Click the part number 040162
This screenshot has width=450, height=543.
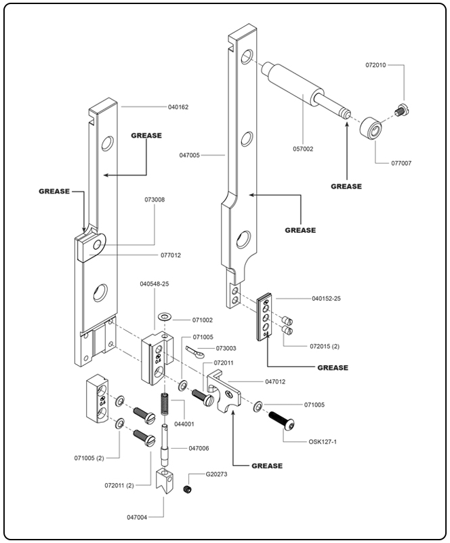[178, 107]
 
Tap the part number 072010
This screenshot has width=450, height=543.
[375, 65]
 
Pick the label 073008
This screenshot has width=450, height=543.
[155, 200]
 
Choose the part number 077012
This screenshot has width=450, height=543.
[170, 255]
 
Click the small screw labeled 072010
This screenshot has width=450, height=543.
[400, 107]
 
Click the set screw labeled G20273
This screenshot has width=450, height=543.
[188, 489]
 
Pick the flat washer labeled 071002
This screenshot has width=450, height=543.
[165, 318]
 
